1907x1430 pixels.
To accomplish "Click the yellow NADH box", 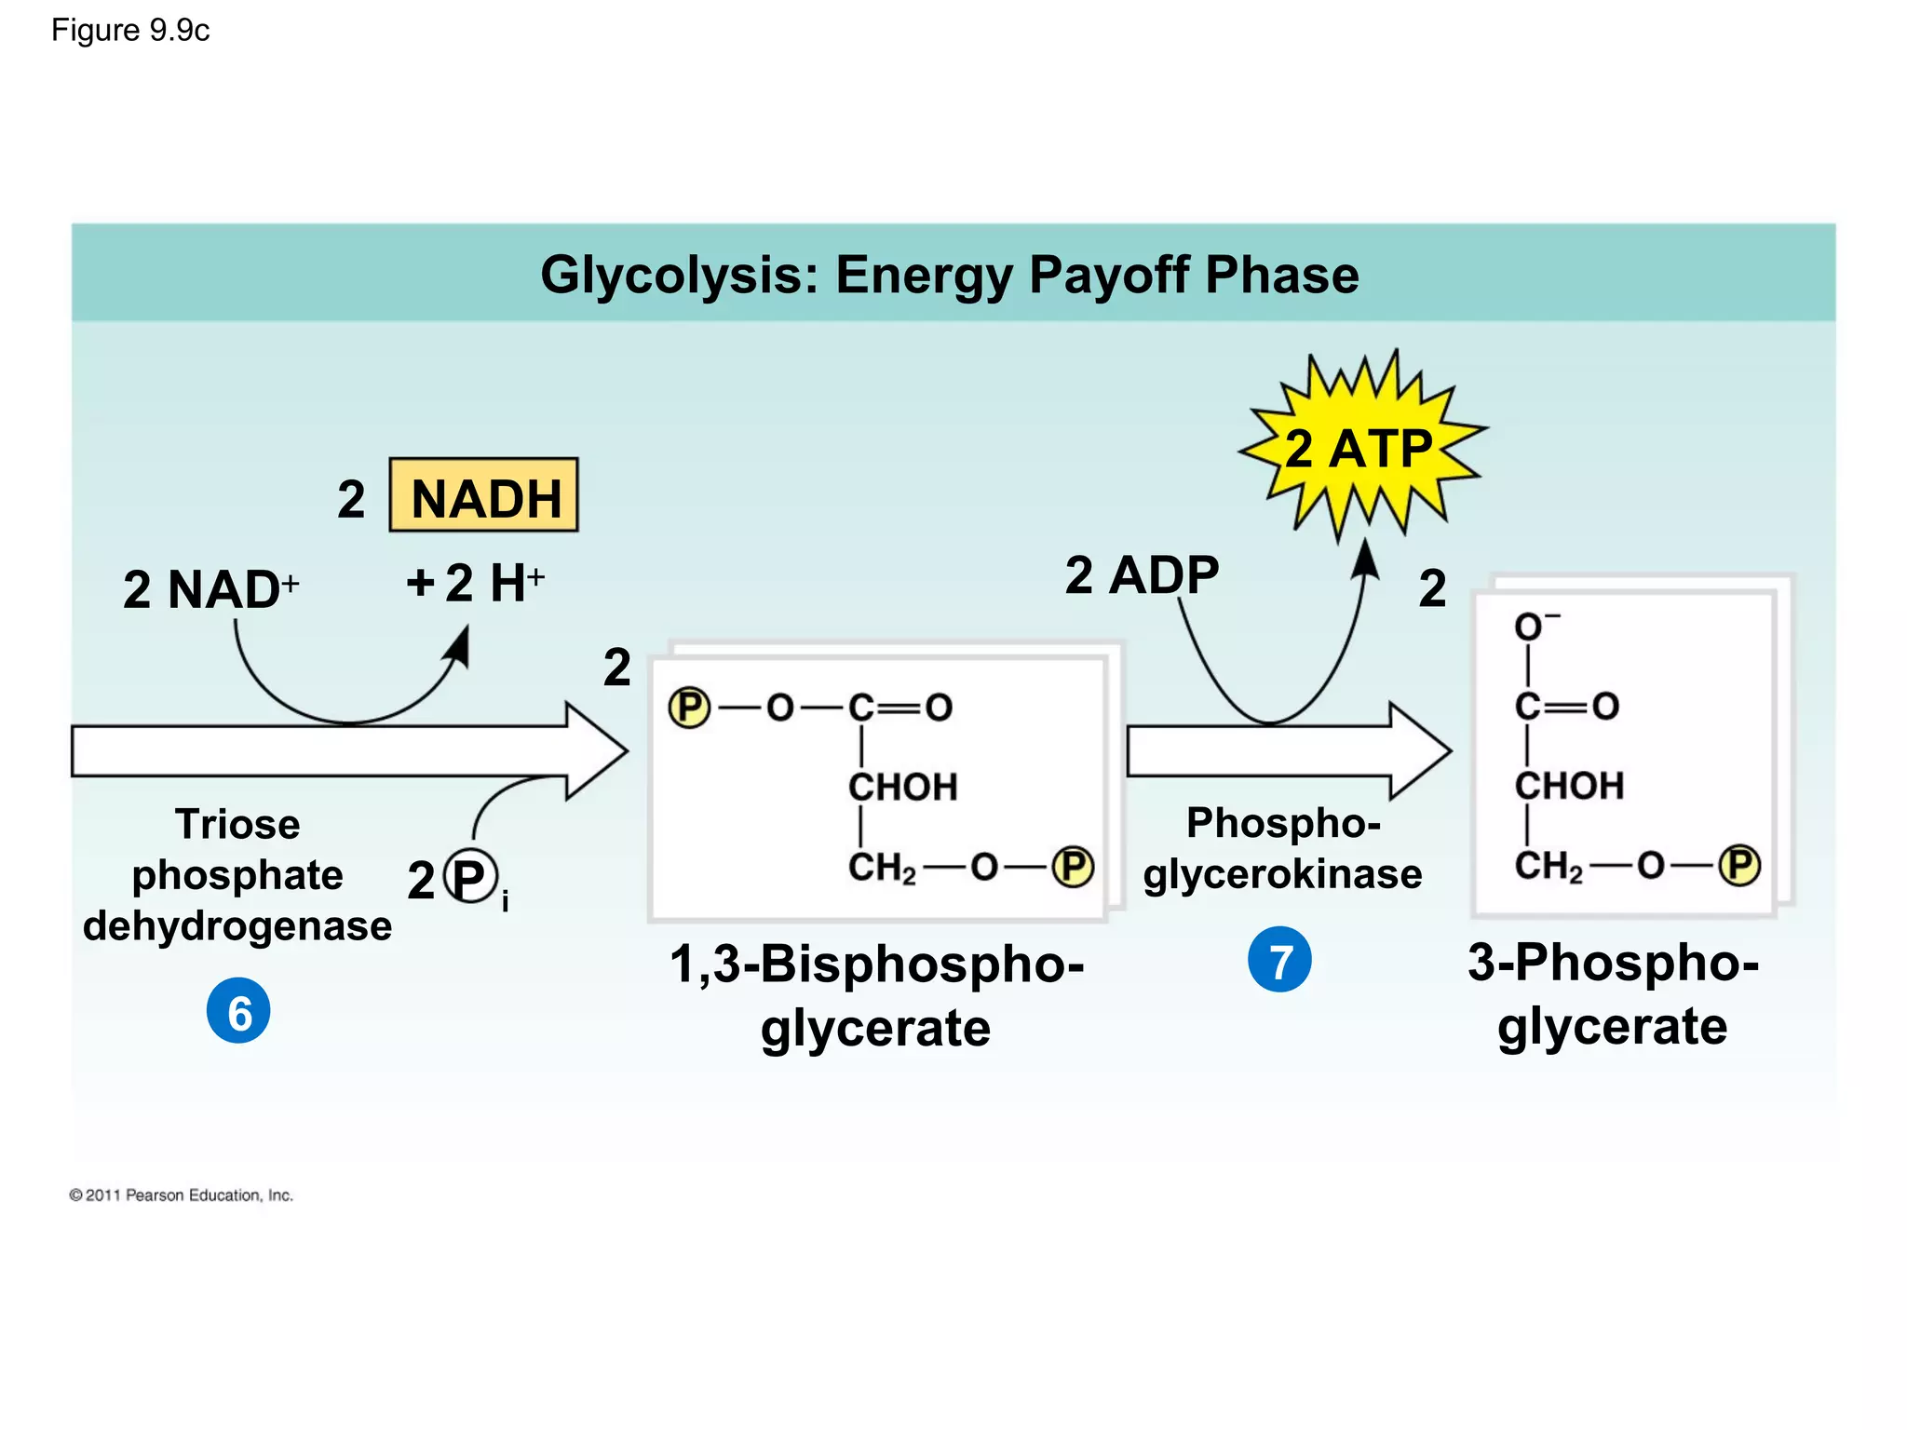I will pos(483,495).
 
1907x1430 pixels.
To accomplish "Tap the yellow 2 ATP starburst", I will pos(1360,448).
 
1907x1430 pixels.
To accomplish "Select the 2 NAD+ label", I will pos(210,589).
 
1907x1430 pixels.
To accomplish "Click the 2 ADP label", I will pos(1142,575).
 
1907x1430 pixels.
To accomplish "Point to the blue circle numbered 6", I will pos(238,1011).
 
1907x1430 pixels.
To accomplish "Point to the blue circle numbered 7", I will pos(1279,960).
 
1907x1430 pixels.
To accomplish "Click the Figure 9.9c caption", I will pos(130,31).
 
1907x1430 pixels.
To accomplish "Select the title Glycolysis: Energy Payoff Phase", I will pos(949,275).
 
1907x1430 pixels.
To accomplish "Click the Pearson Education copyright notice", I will pos(182,1195).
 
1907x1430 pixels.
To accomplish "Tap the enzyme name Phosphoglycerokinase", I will pos(1282,848).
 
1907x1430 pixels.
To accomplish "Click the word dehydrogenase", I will pos(237,926).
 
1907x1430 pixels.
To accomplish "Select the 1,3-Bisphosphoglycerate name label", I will pos(875,994).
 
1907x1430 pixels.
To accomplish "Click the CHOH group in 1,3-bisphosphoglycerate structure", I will pos(902,788).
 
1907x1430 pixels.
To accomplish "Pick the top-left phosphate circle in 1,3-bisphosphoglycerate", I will pos(689,708).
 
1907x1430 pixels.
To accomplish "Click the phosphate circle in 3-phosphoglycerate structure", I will pos(1738,865).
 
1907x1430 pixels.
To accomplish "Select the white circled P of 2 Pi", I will pos(470,877).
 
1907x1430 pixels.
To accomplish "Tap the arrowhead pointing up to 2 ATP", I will pos(1365,560).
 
